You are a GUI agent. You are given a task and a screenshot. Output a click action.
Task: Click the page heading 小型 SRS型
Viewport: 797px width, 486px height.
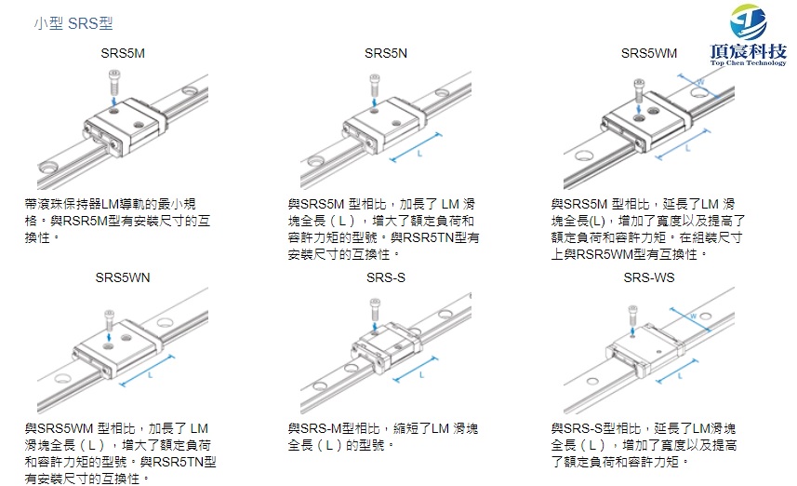[74, 23]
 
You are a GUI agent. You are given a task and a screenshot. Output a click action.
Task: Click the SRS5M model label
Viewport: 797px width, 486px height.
[123, 53]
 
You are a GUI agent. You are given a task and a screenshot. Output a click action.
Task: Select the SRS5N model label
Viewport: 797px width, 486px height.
[386, 53]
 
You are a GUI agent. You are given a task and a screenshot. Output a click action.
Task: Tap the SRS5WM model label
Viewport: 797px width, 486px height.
[649, 53]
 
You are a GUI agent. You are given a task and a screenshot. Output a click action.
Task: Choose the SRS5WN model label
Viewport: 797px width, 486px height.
[123, 277]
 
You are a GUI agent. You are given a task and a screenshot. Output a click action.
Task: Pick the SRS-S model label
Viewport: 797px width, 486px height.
[386, 277]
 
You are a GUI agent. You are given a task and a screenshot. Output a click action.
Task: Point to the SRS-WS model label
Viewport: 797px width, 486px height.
[649, 277]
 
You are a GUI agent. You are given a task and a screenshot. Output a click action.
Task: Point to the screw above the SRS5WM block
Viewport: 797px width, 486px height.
[639, 86]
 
